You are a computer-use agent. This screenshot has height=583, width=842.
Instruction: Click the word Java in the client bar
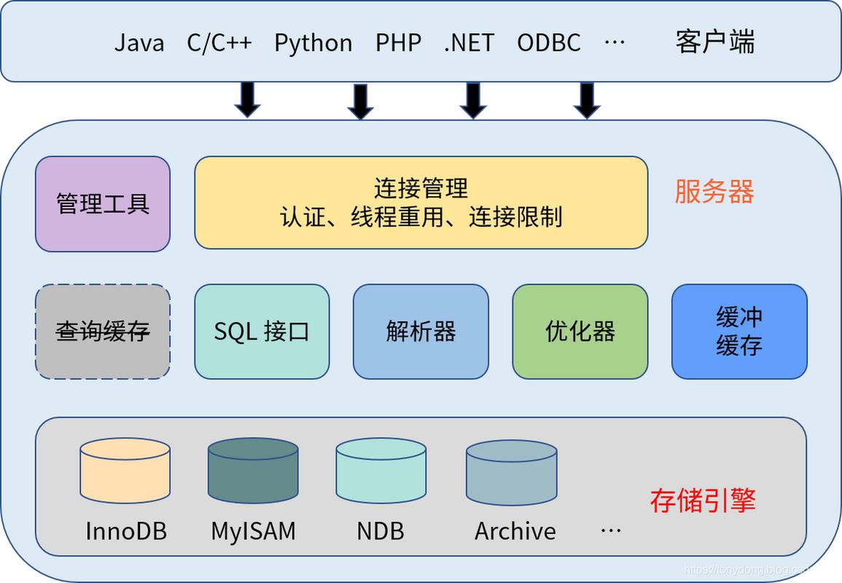(x=139, y=42)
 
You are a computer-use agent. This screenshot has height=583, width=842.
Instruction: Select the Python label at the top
(x=313, y=42)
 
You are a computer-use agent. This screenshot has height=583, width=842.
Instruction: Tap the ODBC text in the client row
(x=548, y=42)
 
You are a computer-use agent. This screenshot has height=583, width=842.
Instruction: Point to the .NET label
(x=469, y=42)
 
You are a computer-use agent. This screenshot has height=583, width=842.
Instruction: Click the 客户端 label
(x=714, y=42)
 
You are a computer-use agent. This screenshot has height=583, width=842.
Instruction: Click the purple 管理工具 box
(x=103, y=204)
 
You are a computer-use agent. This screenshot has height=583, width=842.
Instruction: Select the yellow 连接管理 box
(x=421, y=203)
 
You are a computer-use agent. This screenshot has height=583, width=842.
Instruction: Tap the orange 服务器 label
(x=714, y=192)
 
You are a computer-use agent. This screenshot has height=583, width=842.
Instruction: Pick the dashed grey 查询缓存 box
(x=103, y=332)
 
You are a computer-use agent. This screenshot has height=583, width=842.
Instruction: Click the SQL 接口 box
(x=262, y=332)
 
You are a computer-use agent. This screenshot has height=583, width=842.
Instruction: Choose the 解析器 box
(x=421, y=332)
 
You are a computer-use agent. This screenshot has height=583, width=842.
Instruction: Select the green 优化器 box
(x=580, y=332)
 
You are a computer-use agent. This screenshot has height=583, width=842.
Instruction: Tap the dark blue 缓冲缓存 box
(x=738, y=332)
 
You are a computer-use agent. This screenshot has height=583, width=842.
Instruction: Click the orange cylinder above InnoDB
(x=125, y=472)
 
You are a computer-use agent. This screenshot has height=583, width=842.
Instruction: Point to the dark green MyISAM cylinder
(x=253, y=472)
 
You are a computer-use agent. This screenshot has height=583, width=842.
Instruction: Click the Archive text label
(x=515, y=531)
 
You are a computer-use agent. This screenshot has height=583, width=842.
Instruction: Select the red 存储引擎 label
(x=703, y=501)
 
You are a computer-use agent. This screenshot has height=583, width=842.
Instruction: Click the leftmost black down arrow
(x=247, y=100)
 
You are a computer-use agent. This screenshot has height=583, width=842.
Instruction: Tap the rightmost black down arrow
(x=587, y=100)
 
